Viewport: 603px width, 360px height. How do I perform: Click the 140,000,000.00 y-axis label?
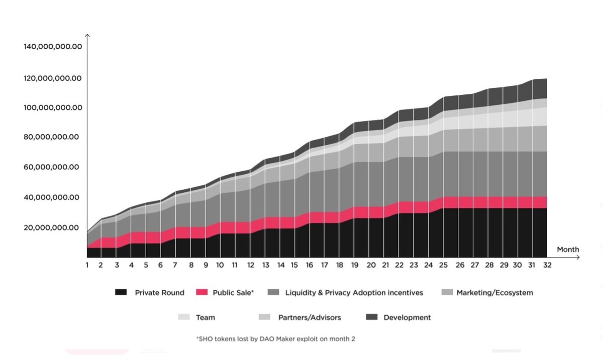[x=52, y=47]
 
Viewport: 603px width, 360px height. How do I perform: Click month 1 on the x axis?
[x=87, y=265]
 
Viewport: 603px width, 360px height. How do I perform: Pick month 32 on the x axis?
[x=547, y=265]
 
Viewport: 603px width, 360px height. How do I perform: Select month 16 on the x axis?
[x=310, y=265]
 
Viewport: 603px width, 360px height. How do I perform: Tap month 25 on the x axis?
[x=443, y=265]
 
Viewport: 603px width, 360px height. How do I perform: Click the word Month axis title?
[x=568, y=250]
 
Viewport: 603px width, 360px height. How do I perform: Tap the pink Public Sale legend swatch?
[x=202, y=292]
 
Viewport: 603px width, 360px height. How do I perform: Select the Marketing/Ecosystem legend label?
[x=494, y=292]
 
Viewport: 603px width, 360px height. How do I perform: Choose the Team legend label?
[x=206, y=317]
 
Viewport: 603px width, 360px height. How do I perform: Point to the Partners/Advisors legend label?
[x=310, y=317]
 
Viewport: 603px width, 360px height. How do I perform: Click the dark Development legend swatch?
[x=371, y=317]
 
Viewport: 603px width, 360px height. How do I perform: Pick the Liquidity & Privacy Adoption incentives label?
[x=354, y=292]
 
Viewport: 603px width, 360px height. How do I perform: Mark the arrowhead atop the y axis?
[x=87, y=35]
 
